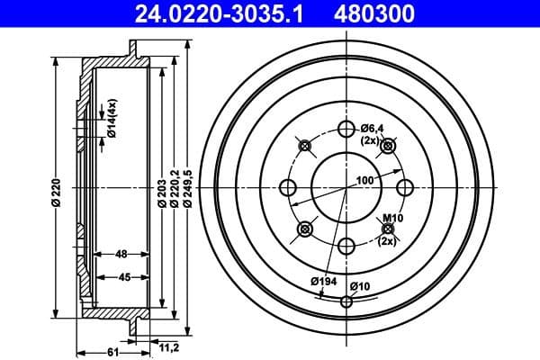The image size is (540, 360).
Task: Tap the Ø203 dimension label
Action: [x=161, y=189]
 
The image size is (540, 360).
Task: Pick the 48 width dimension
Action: [x=121, y=254]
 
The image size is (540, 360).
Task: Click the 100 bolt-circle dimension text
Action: [x=364, y=181]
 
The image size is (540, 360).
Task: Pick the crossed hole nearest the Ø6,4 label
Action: [x=388, y=146]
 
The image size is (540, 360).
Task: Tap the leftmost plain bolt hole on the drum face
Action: [x=288, y=187]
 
